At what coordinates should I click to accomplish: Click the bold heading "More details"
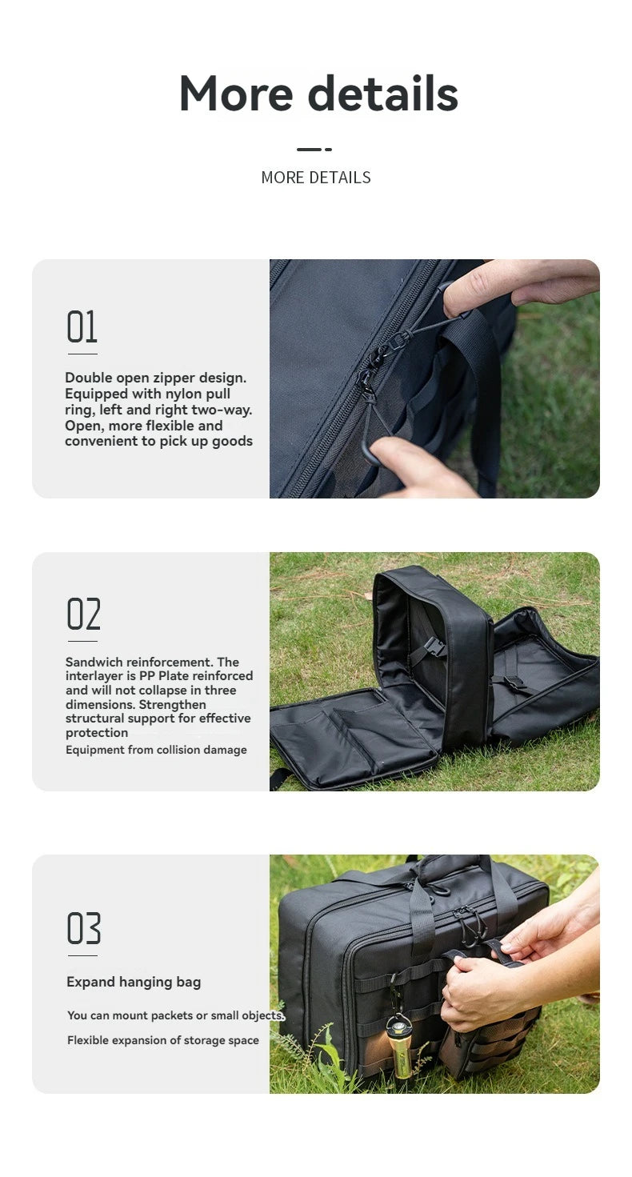pyautogui.click(x=318, y=94)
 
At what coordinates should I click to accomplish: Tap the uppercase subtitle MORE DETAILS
pyautogui.click(x=316, y=178)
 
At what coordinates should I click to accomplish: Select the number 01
pyautogui.click(x=82, y=327)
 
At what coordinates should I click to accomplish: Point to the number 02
pyautogui.click(x=83, y=615)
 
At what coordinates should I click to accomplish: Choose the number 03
pyautogui.click(x=84, y=929)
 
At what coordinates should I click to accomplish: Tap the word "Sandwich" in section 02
pyautogui.click(x=94, y=662)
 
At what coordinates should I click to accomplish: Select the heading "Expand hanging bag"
pyautogui.click(x=134, y=982)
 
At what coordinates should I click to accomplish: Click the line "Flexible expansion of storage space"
pyautogui.click(x=163, y=1040)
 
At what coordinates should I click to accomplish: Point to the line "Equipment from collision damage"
pyautogui.click(x=156, y=750)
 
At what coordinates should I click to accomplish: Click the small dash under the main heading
pyautogui.click(x=314, y=149)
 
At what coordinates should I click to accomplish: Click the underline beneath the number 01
pyautogui.click(x=82, y=353)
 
